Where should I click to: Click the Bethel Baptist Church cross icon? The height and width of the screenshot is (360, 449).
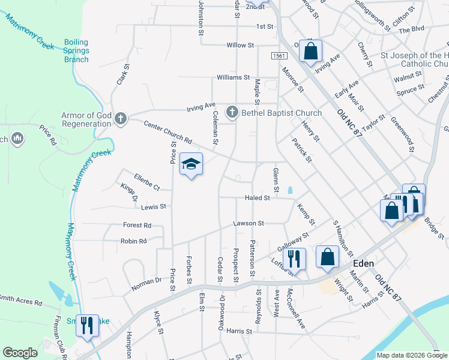pos(232,112)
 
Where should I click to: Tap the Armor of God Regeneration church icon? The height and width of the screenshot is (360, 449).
pos(120,118)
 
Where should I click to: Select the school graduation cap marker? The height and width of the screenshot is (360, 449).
pos(191,164)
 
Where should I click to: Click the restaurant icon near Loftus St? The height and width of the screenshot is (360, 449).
pos(294,258)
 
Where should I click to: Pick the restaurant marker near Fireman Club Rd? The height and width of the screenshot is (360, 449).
pos(88,326)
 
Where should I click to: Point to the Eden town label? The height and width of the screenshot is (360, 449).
pos(363,263)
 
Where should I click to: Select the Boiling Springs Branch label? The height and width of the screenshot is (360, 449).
pos(76,50)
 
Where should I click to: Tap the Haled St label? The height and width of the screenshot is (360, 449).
pos(258,198)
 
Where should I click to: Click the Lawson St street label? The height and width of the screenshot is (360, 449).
pos(249,223)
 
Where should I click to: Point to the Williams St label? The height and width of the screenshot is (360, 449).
pos(233,77)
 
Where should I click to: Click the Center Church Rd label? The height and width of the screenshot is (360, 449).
pos(167,132)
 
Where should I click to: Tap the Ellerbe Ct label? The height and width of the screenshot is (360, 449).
pos(146,182)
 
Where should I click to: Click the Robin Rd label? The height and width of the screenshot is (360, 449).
pos(134,241)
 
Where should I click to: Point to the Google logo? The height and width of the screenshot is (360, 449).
pos(20,353)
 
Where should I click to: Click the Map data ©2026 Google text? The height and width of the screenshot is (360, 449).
pos(411,355)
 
